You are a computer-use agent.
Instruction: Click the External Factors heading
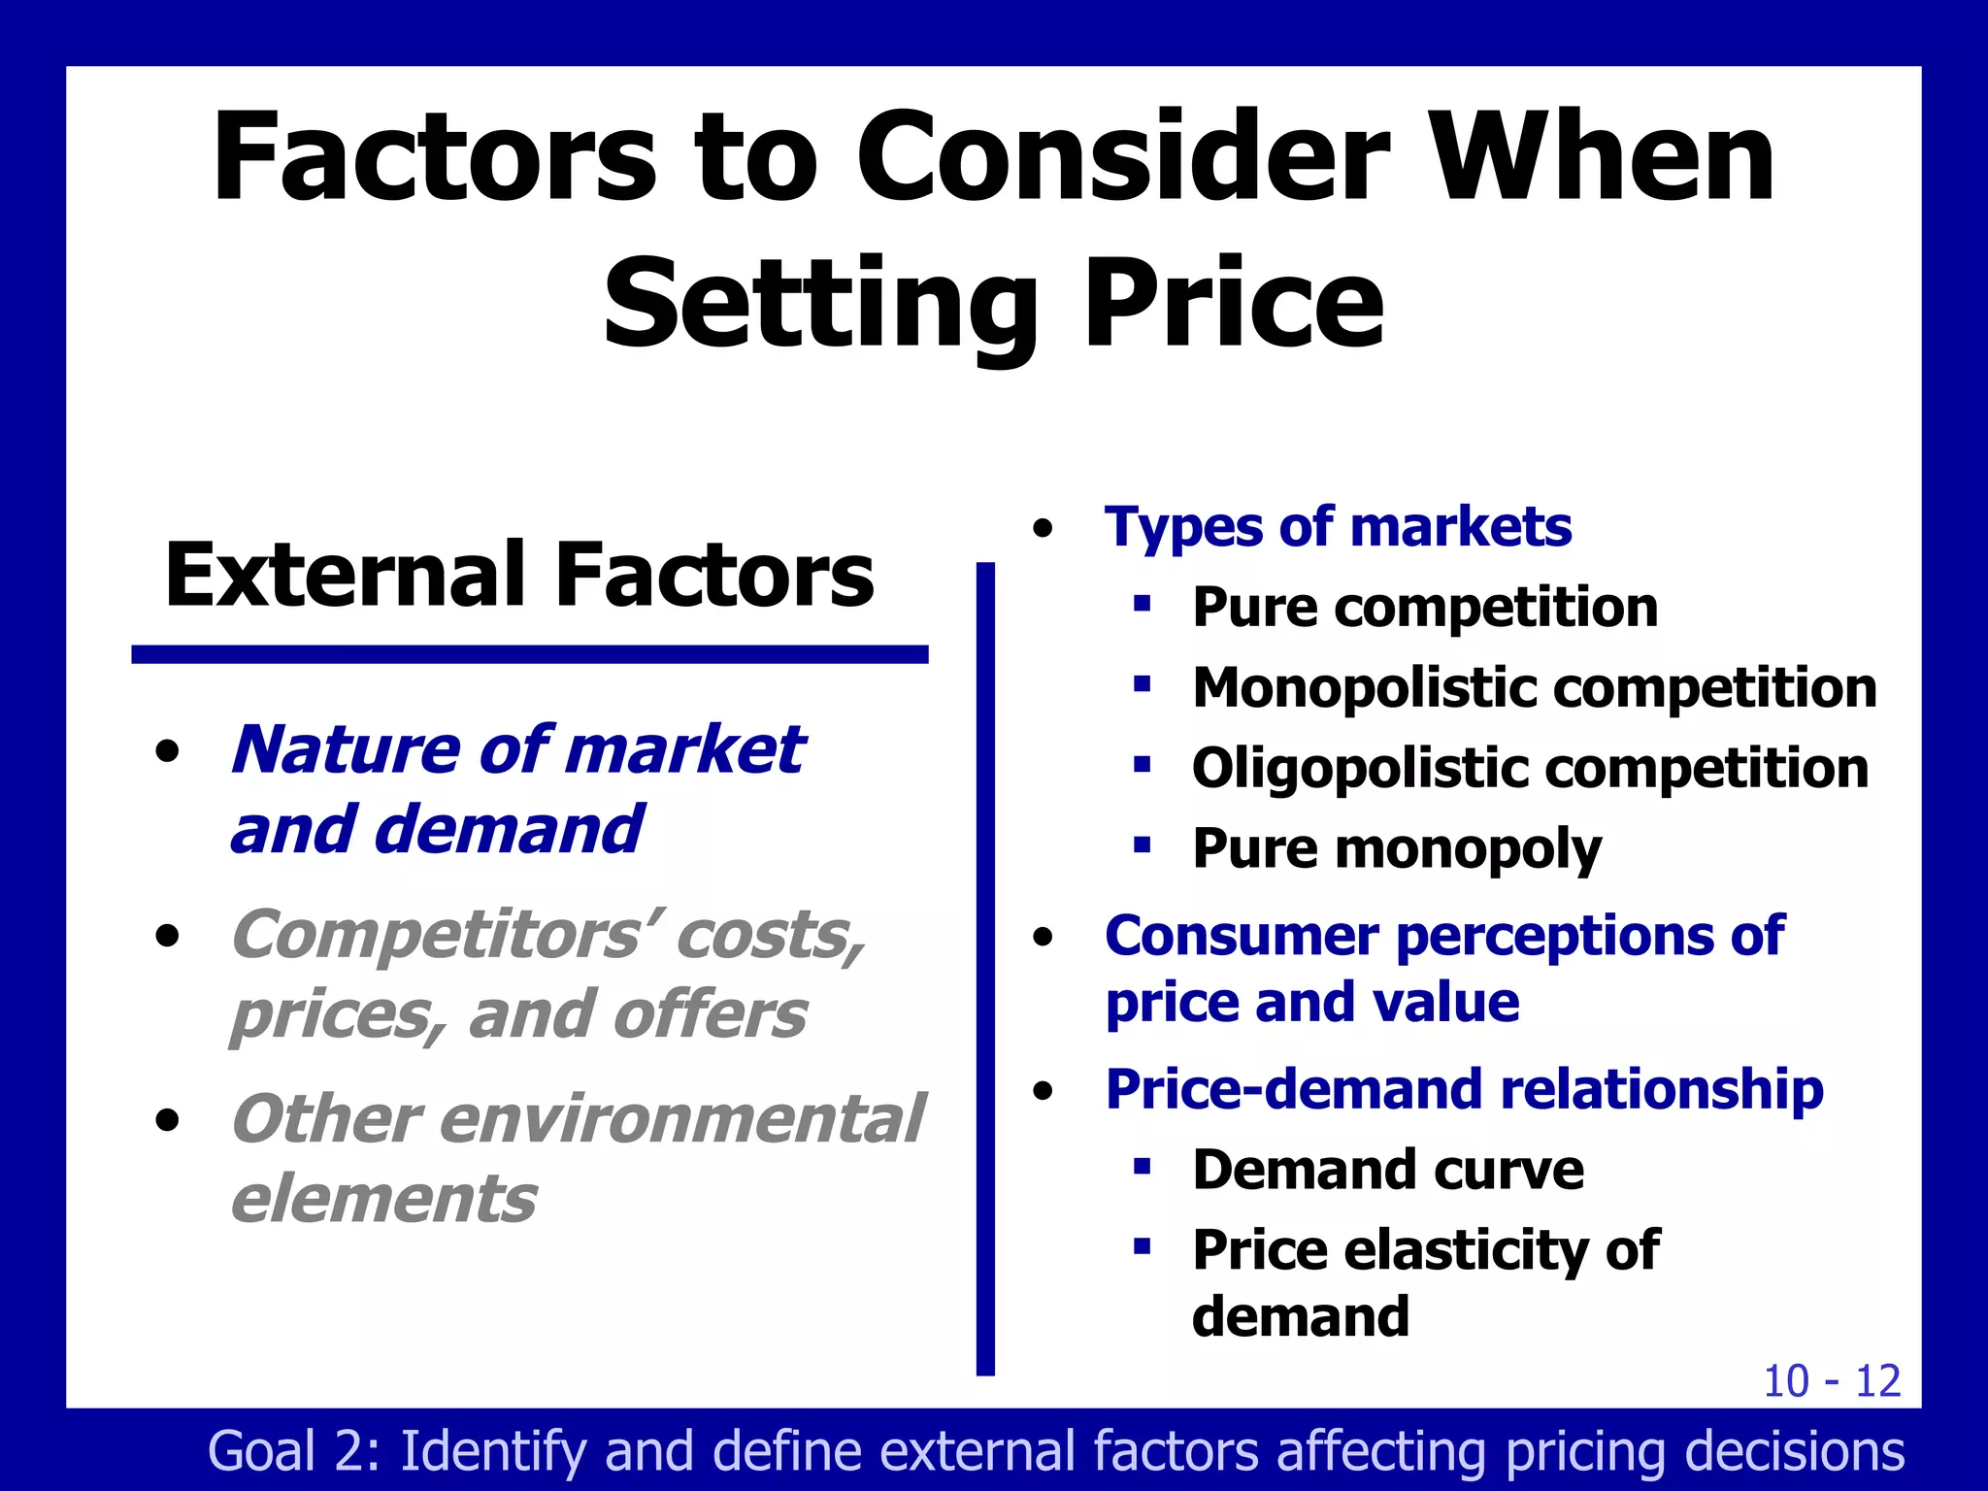click(x=519, y=575)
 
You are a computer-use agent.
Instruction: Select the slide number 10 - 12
click(x=1831, y=1380)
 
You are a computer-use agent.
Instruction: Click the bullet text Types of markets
click(x=1338, y=528)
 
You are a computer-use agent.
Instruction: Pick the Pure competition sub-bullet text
click(x=1424, y=609)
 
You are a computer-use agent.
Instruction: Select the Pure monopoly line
click(x=1396, y=849)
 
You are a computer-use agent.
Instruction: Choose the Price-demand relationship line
click(x=1464, y=1089)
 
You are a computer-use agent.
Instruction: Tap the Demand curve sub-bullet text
click(x=1387, y=1170)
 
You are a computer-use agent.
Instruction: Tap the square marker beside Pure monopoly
click(x=1143, y=845)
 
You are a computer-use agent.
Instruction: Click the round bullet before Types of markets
click(x=1044, y=530)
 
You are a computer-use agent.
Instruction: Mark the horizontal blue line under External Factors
click(x=530, y=654)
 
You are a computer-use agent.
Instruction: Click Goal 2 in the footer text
click(x=292, y=1451)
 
